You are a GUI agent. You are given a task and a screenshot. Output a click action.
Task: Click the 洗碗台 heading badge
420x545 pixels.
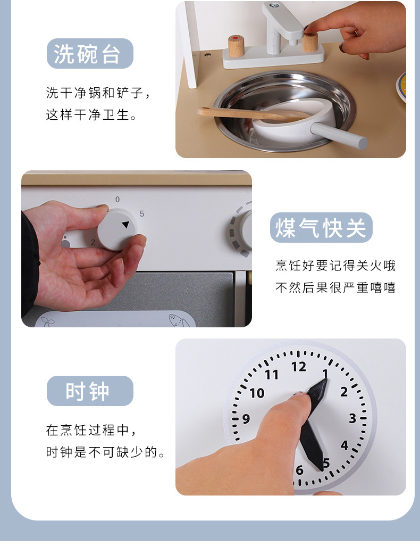pyautogui.click(x=90, y=54)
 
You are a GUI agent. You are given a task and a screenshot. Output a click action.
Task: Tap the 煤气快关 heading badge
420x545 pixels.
pyautogui.click(x=321, y=228)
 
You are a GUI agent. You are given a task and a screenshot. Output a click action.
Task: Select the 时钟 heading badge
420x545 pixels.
pyautogui.click(x=90, y=391)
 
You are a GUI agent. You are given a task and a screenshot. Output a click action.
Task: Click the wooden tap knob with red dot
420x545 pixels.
pyautogui.click(x=236, y=46)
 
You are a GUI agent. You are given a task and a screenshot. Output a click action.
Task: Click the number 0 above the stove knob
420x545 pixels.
pyautogui.click(x=117, y=200)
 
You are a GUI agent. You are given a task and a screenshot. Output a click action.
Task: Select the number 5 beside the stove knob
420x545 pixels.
pyautogui.click(x=141, y=214)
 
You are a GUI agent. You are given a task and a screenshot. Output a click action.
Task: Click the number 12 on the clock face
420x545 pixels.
pyautogui.click(x=298, y=367)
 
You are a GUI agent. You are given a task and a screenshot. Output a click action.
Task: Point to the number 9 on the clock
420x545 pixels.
pyautogui.click(x=246, y=419)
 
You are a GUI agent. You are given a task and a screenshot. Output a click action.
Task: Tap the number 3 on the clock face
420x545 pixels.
pyautogui.click(x=352, y=418)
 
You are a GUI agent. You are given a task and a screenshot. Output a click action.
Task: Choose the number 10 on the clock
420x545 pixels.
pyautogui.click(x=257, y=393)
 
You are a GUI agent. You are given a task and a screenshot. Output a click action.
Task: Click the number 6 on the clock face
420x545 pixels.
pyautogui.click(x=299, y=470)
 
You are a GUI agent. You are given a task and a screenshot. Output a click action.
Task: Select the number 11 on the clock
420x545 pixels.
pyautogui.click(x=272, y=375)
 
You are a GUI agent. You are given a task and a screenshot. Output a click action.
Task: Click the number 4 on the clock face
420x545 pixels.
pyautogui.click(x=345, y=445)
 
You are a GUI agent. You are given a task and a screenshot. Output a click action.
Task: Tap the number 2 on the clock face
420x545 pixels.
pyautogui.click(x=343, y=392)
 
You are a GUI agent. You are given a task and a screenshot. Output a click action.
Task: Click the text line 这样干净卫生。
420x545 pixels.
pyautogui.click(x=91, y=115)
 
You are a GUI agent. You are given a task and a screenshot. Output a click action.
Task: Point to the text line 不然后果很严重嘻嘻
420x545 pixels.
pyautogui.click(x=335, y=287)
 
